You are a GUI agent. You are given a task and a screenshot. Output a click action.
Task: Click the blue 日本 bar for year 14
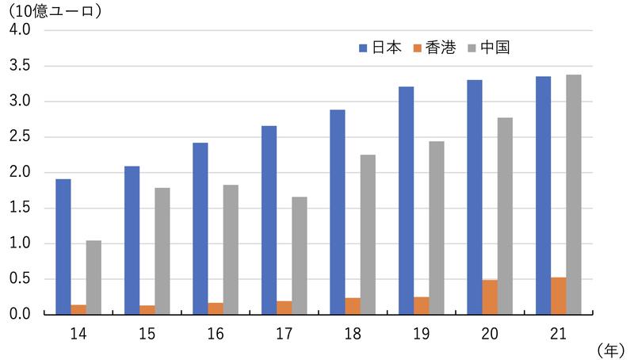click(x=63, y=247)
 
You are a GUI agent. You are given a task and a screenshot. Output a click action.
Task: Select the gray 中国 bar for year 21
click(x=574, y=194)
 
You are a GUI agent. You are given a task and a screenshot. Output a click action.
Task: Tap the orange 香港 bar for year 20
click(x=490, y=297)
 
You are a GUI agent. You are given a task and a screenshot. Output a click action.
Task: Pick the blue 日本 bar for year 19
click(x=406, y=201)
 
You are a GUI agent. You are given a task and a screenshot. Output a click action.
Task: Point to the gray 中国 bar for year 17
click(x=299, y=255)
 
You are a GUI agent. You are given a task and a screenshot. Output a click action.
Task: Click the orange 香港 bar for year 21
click(x=558, y=296)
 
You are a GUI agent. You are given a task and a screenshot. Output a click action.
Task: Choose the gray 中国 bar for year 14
click(x=94, y=278)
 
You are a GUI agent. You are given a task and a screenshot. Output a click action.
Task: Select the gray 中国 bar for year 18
click(x=368, y=235)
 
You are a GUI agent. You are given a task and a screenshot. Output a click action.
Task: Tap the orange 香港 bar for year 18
click(x=353, y=306)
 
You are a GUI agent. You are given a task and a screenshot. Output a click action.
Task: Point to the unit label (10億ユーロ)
click(x=55, y=12)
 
